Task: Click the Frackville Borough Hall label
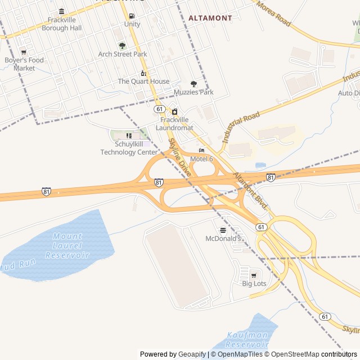[x=61, y=24]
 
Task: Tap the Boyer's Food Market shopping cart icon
[x=24, y=52]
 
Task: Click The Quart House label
[x=143, y=82]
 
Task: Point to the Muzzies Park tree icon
[x=193, y=84]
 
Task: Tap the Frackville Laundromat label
[x=174, y=124]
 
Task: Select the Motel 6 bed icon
[x=201, y=151]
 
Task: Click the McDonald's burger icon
[x=223, y=230]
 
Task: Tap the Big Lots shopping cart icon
[x=254, y=275]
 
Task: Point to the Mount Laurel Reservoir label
[x=67, y=246]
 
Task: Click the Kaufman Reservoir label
[x=247, y=339]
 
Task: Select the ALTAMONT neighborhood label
[x=210, y=18]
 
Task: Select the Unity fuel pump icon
[x=132, y=16]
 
